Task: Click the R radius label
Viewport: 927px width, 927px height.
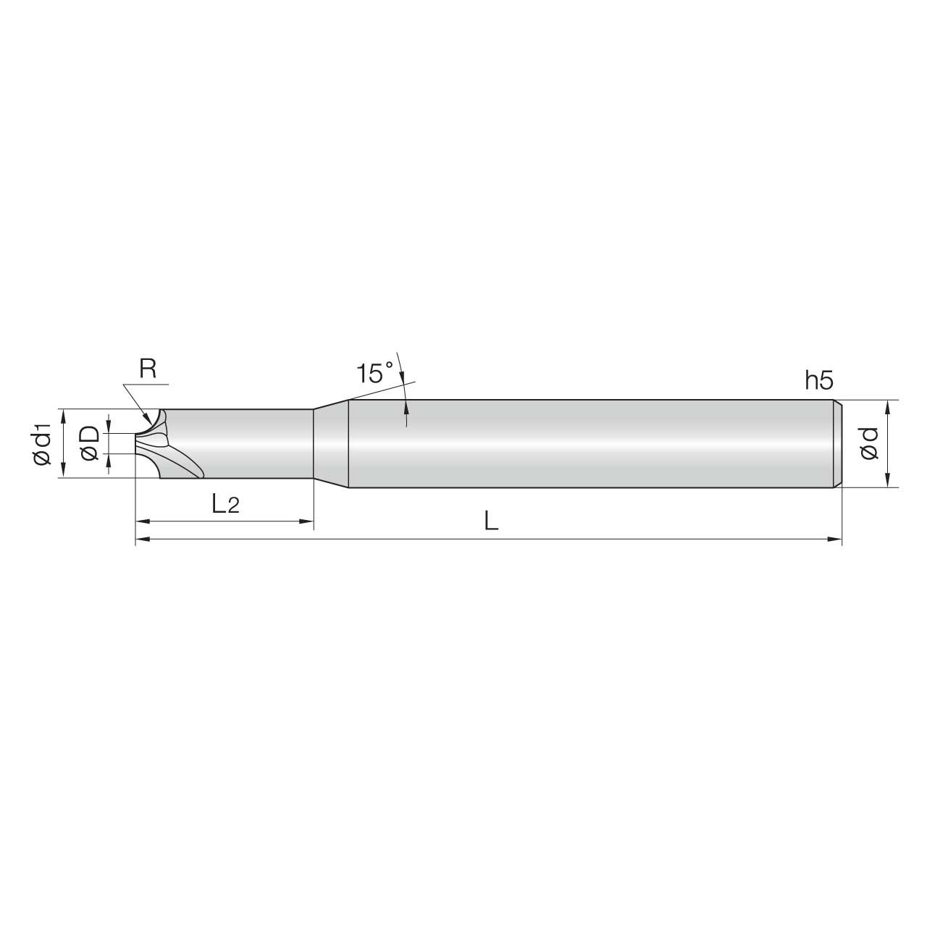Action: point(148,370)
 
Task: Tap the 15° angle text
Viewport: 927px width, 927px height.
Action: point(374,374)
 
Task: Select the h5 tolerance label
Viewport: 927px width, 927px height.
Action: point(820,380)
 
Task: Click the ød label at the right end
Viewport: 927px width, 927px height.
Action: point(869,443)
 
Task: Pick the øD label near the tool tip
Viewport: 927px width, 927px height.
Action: point(90,443)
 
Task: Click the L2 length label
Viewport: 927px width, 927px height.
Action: point(225,504)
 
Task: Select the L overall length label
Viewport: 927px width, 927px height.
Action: point(491,521)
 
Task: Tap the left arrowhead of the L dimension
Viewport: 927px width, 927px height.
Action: point(142,539)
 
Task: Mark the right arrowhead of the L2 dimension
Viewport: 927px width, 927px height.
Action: point(306,521)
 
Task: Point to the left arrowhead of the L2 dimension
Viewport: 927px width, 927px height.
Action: point(142,521)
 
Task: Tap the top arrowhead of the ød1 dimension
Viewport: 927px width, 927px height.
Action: point(64,414)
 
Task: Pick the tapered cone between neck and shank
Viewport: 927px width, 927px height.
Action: point(331,443)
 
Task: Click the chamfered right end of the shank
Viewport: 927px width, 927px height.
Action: point(837,443)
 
